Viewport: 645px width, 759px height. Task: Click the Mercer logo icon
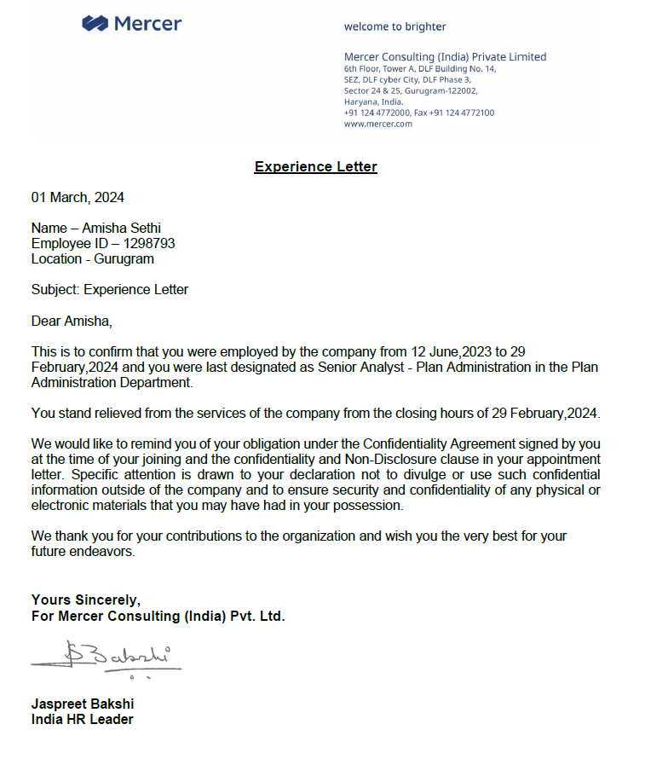click(x=95, y=24)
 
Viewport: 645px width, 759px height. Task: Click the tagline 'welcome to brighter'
click(x=394, y=26)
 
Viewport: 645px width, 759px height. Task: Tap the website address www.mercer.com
click(x=377, y=124)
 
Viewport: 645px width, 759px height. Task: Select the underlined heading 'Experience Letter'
click(x=315, y=167)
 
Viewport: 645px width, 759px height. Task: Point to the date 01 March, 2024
click(x=78, y=198)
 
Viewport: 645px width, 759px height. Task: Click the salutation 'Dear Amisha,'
click(x=72, y=322)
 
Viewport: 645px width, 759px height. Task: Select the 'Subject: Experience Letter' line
click(x=110, y=290)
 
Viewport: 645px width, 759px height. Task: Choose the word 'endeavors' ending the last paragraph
click(x=102, y=552)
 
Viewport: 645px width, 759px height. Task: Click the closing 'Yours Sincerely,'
click(x=86, y=600)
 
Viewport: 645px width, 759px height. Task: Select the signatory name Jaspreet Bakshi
click(x=83, y=704)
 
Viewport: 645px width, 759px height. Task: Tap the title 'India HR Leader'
click(x=82, y=720)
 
